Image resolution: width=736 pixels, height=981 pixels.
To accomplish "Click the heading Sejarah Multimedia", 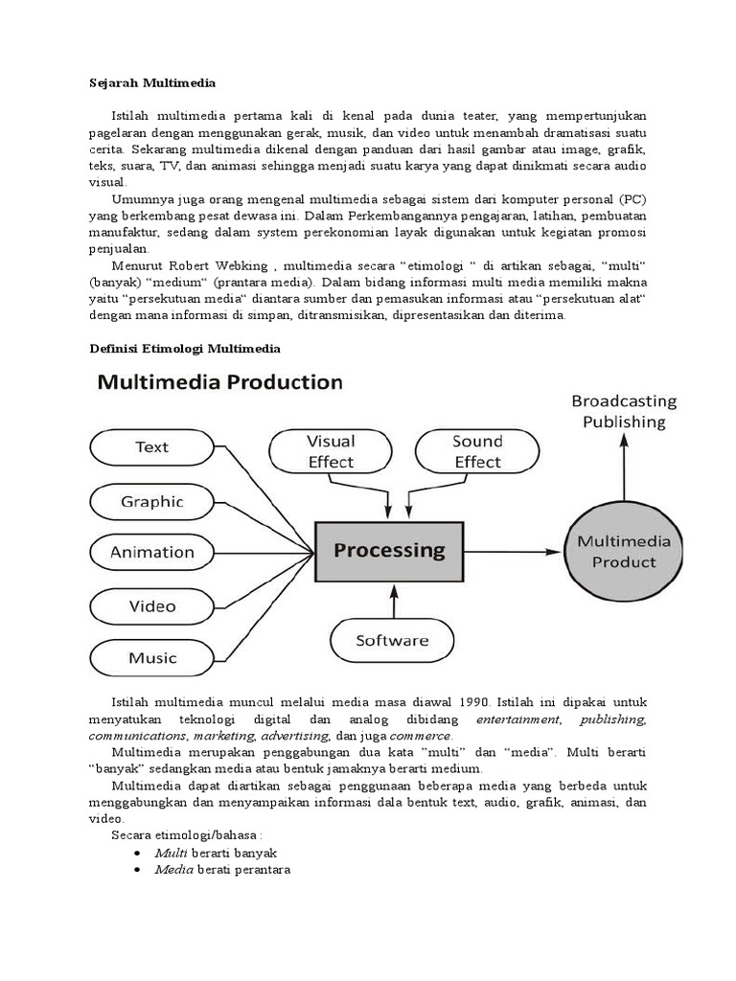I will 147,82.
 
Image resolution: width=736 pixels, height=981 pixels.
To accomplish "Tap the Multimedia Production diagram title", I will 219,383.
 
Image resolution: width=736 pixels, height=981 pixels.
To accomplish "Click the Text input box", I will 151,446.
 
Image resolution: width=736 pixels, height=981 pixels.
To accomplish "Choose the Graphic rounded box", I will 151,501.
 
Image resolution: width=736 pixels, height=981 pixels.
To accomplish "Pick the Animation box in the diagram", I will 151,552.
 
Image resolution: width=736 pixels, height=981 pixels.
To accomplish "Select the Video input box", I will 151,605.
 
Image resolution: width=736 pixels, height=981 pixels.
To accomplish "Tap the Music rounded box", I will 151,658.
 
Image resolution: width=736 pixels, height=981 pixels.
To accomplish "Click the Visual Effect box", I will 330,451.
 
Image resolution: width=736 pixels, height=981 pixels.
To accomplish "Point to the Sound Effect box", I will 476,451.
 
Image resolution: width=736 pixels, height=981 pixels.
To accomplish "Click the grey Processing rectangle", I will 389,551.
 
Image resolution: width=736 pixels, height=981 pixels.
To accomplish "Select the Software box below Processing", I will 392,640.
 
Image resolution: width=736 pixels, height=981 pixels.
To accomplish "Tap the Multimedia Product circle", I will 624,552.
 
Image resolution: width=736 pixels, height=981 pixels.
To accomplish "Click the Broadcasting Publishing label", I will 624,411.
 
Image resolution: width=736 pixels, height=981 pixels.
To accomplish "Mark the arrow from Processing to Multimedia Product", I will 513,552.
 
